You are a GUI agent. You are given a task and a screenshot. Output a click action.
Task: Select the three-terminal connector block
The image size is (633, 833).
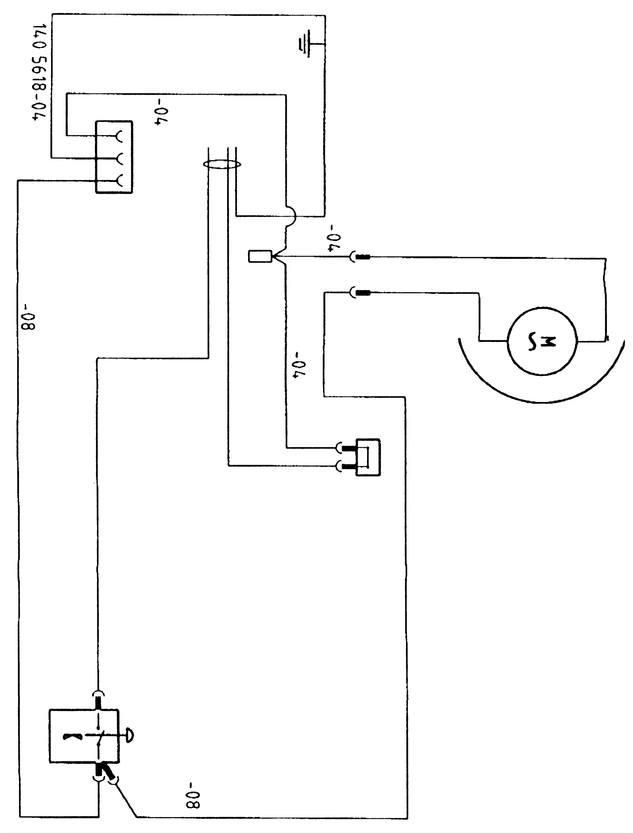114,157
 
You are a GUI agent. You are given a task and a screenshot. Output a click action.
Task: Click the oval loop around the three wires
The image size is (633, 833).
222,164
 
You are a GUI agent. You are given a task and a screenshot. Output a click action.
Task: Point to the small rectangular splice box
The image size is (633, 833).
260,256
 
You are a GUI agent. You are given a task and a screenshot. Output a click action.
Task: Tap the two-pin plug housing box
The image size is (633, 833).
368,457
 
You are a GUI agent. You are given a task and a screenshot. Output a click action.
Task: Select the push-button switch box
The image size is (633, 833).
84,736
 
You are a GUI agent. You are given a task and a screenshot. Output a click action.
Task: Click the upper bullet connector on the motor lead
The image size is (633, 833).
360,257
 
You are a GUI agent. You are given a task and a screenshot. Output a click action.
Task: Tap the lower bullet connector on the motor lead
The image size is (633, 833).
360,293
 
